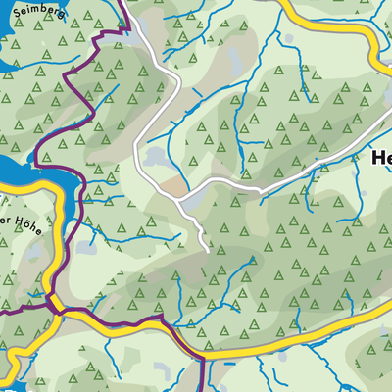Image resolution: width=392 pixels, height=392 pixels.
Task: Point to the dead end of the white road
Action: (209, 249)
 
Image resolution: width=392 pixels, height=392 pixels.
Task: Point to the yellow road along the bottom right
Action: (323, 333)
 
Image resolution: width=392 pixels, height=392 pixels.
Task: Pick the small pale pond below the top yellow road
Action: (290, 39)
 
